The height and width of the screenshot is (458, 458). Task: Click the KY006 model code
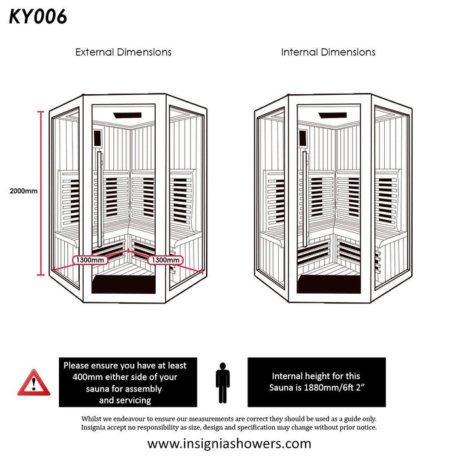click(x=38, y=16)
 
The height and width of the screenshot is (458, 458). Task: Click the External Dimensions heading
click(x=123, y=52)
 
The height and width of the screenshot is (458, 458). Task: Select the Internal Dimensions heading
click(x=328, y=52)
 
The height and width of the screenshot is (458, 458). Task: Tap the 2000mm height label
click(x=23, y=192)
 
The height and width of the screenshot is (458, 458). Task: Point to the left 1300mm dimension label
click(x=90, y=260)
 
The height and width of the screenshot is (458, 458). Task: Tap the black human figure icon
click(x=223, y=383)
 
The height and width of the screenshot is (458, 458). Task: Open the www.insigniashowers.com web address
click(x=228, y=444)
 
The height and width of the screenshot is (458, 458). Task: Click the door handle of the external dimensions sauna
click(x=99, y=196)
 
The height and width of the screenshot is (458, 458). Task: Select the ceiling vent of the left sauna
click(x=130, y=116)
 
